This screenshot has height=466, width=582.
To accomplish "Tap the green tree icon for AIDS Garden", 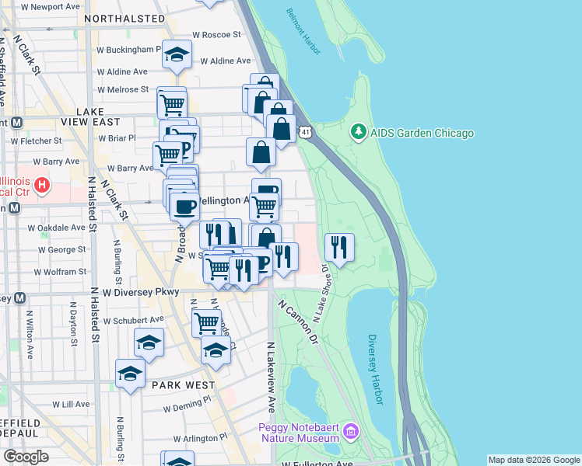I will pos(359,133).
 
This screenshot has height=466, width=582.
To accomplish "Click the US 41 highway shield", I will pos(307,133).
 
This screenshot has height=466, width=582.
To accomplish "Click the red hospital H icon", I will pos(43,186).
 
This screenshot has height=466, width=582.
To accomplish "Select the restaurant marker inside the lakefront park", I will pos(339,249).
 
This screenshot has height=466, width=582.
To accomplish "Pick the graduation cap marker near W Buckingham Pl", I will pos(177,56).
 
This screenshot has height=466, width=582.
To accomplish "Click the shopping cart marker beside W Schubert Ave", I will pos(206,322).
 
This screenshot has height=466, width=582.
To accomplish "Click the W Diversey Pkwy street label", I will pos(141,292).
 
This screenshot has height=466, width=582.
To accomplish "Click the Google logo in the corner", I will pos(26,457).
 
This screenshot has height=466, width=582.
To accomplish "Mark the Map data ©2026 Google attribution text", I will pos(533,460).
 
